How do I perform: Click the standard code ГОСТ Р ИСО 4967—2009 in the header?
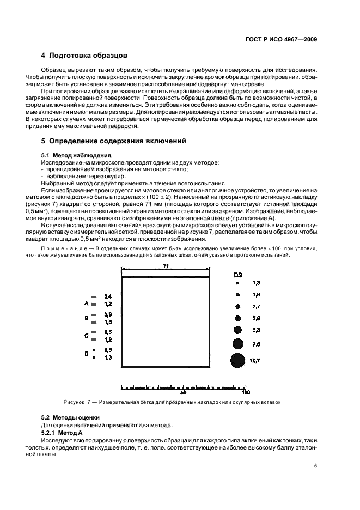point(283,39)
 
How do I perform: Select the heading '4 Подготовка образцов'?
point(84,56)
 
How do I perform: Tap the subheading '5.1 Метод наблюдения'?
point(73,155)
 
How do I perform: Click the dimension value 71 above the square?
point(165,265)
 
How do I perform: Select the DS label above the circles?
point(237,274)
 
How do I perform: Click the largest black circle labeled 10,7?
point(237,360)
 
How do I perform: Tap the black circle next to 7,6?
point(237,344)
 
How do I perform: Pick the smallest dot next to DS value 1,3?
point(237,283)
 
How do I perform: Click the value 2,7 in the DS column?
point(257,306)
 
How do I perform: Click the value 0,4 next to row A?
point(108,296)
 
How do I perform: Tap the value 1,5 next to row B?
point(108,322)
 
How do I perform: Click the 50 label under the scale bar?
point(184,392)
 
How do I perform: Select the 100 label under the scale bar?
point(246,392)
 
